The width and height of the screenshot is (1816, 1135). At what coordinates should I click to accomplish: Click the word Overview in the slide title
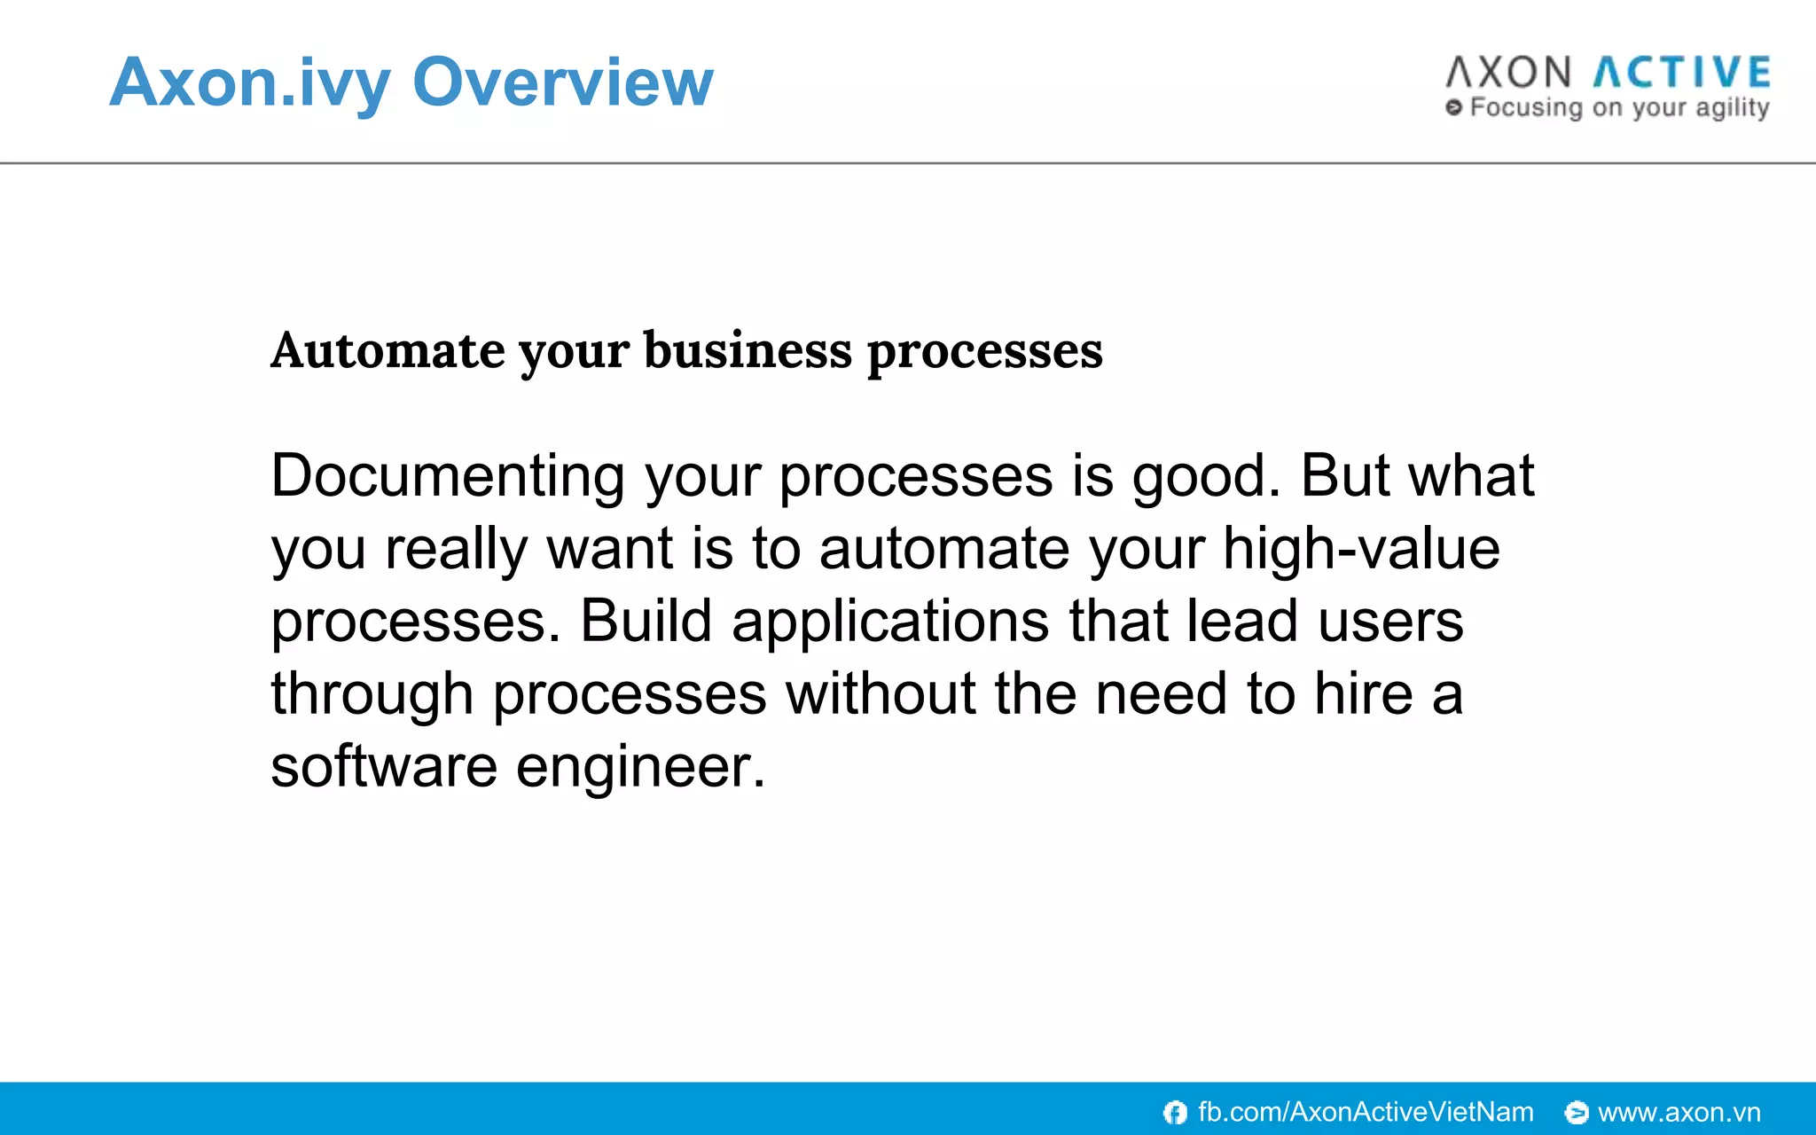[563, 82]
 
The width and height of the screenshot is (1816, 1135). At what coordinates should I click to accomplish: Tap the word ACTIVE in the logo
[1682, 73]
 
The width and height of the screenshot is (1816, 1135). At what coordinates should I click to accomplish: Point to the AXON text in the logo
[1508, 73]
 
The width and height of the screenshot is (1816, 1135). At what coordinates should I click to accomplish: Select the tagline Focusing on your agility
[1618, 108]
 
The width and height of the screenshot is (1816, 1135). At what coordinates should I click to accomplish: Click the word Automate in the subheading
[387, 350]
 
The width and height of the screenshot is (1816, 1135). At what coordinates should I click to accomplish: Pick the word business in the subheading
[747, 350]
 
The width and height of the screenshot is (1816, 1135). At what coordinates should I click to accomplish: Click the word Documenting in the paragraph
[448, 476]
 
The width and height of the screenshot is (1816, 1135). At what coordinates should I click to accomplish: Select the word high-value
[1361, 549]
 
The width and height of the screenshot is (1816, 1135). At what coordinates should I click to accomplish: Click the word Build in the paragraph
[646, 621]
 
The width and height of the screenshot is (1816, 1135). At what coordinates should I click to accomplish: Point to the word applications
[889, 622]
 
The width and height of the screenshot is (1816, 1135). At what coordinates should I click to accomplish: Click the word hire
[1363, 693]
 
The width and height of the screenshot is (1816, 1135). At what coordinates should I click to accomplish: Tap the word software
[384, 766]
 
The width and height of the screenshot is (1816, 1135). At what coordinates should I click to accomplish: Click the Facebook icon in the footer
[1175, 1112]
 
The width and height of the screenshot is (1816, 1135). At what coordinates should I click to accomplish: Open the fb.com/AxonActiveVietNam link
[1366, 1112]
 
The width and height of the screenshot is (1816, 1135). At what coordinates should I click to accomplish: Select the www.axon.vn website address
[1679, 1112]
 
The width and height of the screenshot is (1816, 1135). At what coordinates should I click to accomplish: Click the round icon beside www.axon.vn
[1576, 1112]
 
